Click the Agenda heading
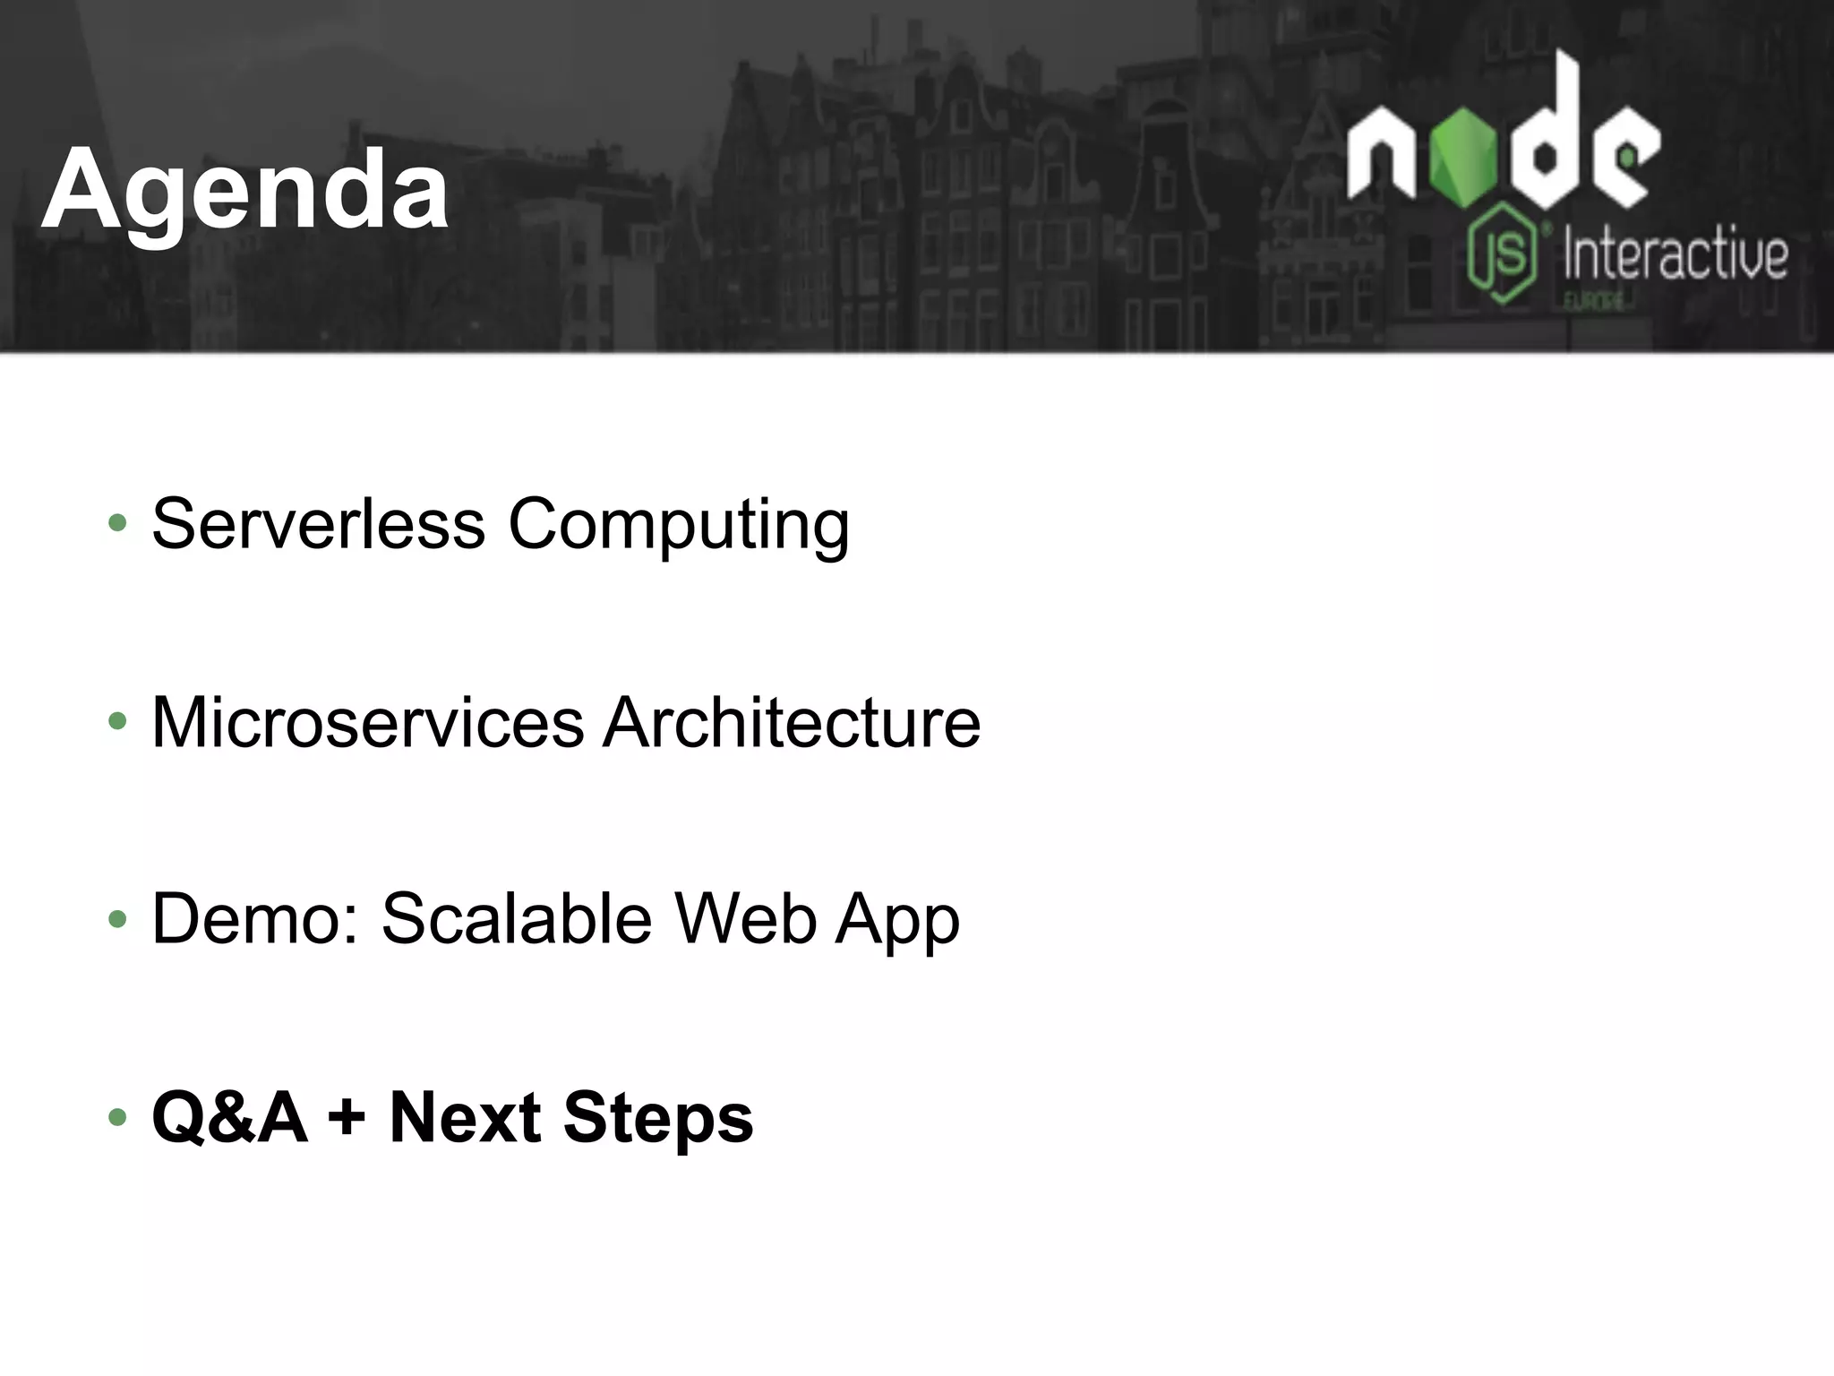click(244, 190)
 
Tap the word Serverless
click(319, 523)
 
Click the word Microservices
click(367, 722)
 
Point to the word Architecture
click(792, 722)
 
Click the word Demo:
click(255, 919)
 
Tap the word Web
click(745, 919)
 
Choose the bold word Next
click(465, 1117)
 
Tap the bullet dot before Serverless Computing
click(117, 524)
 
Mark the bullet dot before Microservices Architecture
click(117, 722)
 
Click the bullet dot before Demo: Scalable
click(117, 920)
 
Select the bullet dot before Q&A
click(117, 1118)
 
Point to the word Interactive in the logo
click(1675, 254)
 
